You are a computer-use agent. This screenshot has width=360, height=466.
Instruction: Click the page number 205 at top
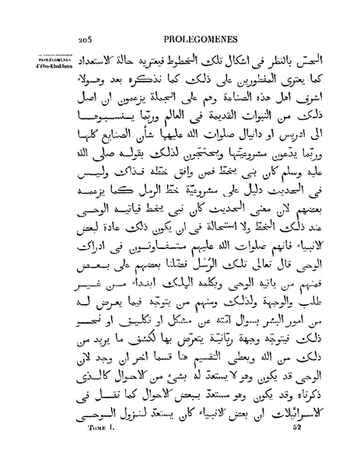[86, 36]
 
